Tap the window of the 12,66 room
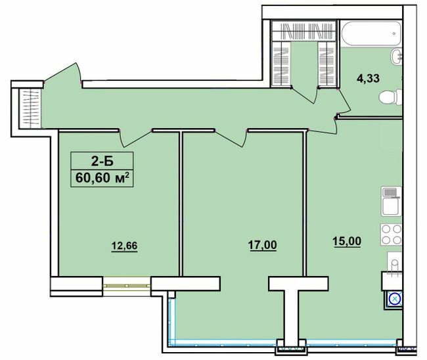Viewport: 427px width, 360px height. coord(127,285)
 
